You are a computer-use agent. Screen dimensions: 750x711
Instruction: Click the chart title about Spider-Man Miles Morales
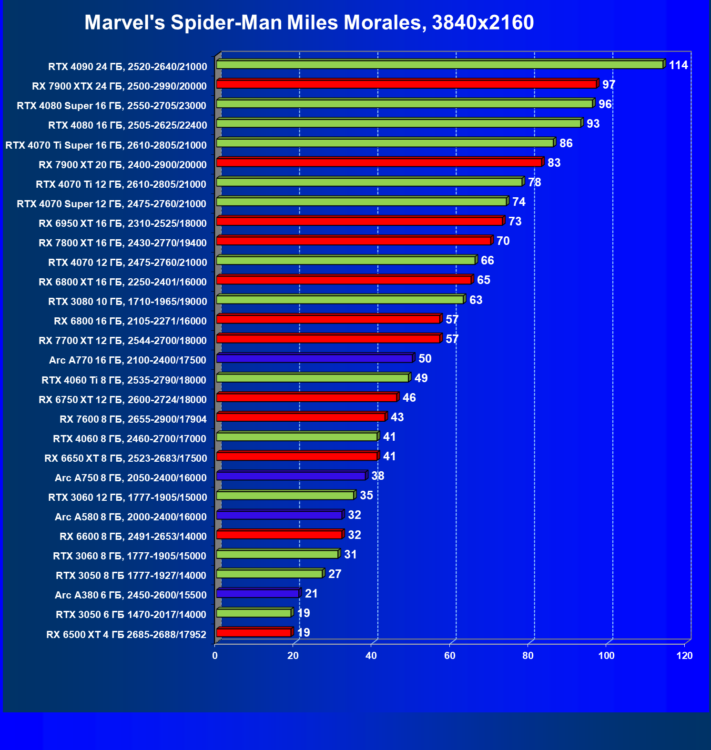pos(309,22)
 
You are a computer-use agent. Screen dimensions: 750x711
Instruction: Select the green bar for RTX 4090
pos(439,65)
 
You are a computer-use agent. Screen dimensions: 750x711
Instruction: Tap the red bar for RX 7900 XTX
pos(406,84)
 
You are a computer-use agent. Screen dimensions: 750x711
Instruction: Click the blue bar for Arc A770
pos(314,358)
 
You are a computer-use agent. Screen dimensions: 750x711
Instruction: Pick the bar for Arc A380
pos(257,593)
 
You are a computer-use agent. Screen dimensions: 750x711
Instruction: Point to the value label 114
pos(678,65)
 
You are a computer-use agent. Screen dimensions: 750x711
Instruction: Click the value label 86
pos(566,143)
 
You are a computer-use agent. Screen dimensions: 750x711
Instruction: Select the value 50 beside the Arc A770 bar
pos(425,359)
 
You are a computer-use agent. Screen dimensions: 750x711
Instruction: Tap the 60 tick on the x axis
pos(449,656)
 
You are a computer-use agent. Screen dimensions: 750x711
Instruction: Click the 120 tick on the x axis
pos(684,656)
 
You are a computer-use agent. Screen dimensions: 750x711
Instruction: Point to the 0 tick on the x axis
pos(215,656)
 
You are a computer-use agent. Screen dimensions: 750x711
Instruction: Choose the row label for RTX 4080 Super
pos(112,106)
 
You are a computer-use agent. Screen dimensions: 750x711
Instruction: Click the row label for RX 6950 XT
pos(122,223)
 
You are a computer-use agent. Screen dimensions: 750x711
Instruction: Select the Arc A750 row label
pos(131,478)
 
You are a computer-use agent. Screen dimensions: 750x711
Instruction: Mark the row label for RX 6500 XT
pos(126,635)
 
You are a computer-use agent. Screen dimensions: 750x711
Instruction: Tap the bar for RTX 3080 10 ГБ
pos(340,300)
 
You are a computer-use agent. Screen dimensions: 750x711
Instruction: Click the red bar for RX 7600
pos(301,417)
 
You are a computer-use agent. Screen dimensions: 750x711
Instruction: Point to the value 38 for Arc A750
pos(377,476)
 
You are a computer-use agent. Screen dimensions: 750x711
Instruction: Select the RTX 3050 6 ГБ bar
pos(254,613)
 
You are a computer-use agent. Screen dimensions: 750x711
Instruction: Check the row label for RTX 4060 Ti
pos(124,380)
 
